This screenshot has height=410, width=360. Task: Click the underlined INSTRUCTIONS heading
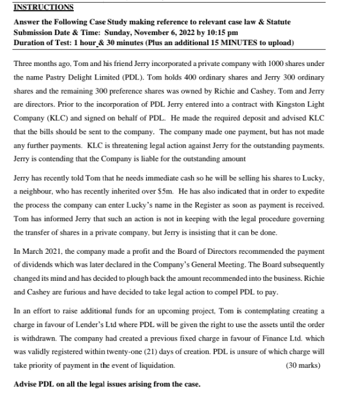point(43,7)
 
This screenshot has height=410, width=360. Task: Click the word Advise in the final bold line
point(26,385)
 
